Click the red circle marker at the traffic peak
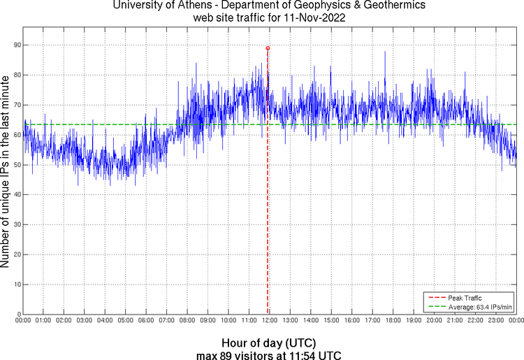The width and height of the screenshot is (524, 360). click(268, 48)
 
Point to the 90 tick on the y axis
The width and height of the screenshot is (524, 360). click(17, 45)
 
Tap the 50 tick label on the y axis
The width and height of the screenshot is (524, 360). click(17, 165)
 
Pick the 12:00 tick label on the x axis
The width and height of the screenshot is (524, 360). click(269, 321)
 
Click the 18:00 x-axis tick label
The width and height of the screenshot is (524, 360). click(393, 321)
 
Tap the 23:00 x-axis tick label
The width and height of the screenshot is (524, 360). click(496, 321)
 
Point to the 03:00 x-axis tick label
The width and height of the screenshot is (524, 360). click(84, 321)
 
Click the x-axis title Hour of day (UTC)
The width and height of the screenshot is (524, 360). click(268, 343)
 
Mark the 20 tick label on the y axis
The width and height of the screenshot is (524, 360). click(17, 254)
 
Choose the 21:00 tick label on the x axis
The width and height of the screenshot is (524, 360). click(455, 321)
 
